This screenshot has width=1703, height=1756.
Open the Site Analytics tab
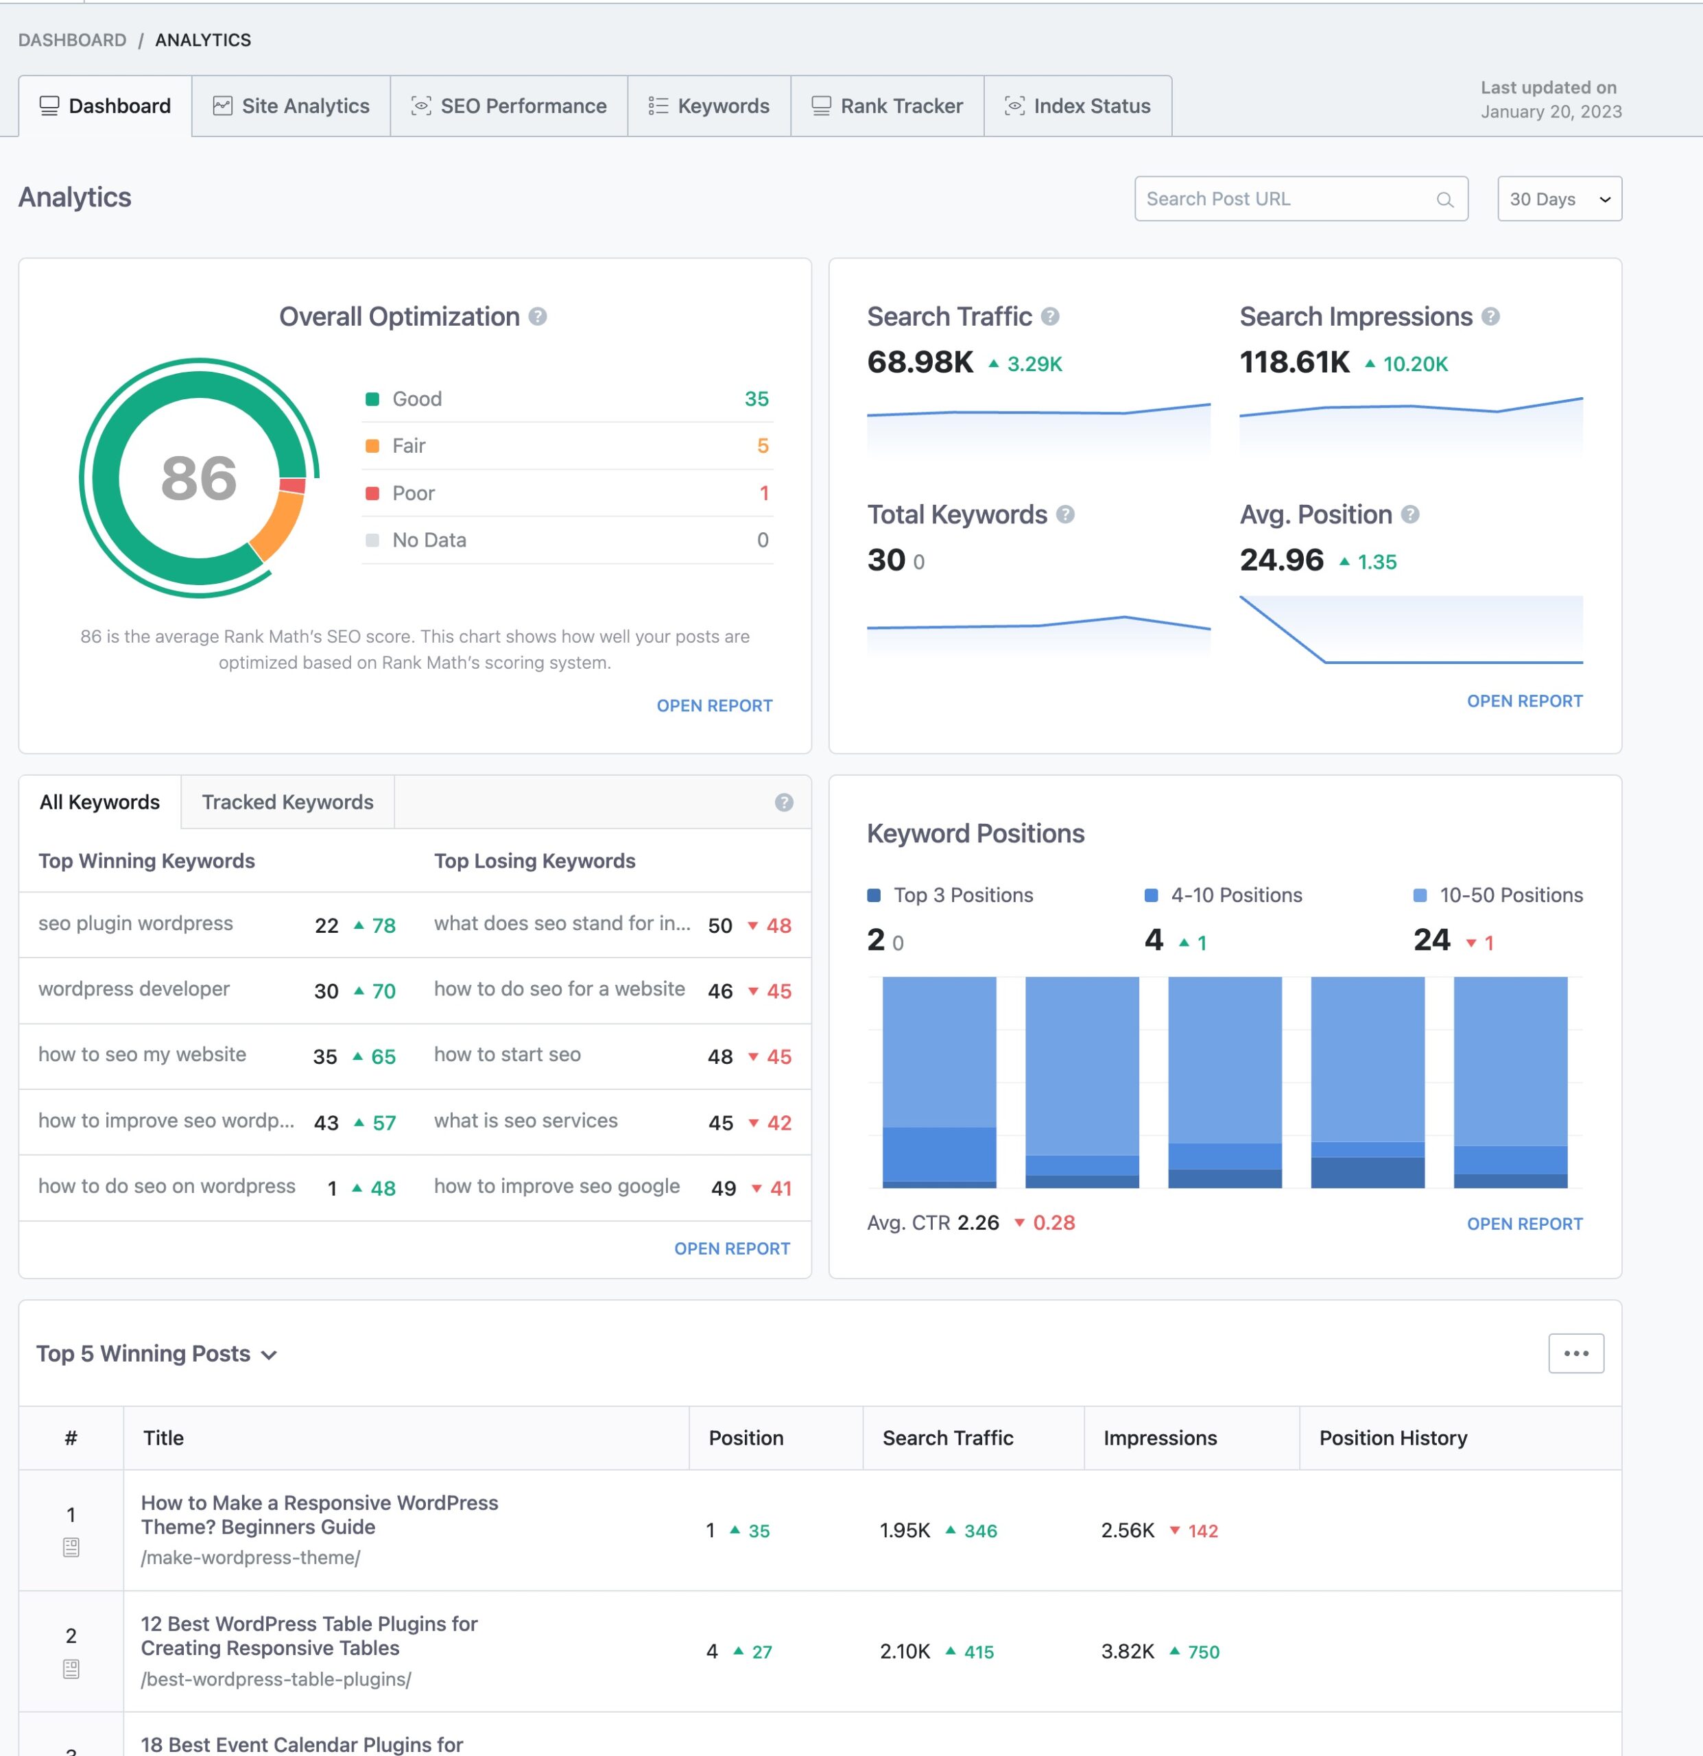pos(291,106)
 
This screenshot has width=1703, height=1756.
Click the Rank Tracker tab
pos(887,106)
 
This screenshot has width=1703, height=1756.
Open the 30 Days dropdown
pos(1559,199)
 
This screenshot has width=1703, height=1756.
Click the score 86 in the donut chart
pos(199,477)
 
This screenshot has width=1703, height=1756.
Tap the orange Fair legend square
pos(372,446)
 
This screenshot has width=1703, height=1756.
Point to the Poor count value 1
pos(763,493)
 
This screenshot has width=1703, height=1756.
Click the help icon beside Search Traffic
pos(1051,316)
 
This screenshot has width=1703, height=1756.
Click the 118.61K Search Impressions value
pos(1294,362)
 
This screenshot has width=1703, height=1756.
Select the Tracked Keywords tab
pos(287,802)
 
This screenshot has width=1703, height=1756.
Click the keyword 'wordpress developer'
pos(134,989)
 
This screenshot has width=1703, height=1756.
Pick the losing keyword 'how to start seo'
pos(507,1054)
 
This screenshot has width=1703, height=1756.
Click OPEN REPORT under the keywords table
pos(732,1248)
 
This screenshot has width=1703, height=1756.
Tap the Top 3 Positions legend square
pos(874,895)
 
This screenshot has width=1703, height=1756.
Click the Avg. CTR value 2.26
pos(977,1223)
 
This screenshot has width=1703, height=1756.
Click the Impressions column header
pos(1160,1438)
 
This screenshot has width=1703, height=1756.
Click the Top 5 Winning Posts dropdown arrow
pos(269,1355)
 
